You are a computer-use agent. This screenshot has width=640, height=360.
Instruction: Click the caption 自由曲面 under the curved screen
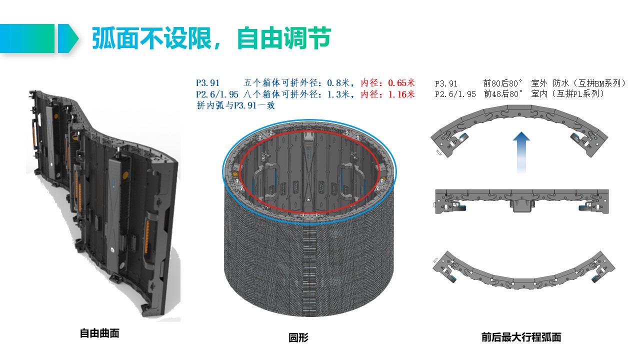pos(99,333)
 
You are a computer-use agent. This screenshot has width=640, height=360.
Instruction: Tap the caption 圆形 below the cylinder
pos(298,337)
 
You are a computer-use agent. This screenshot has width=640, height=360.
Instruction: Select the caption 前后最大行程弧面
pos(521,337)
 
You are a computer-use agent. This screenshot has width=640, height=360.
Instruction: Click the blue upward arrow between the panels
pos(521,152)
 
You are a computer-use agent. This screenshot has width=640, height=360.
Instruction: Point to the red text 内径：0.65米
pos(387,83)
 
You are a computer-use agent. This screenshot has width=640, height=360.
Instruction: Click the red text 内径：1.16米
pos(387,94)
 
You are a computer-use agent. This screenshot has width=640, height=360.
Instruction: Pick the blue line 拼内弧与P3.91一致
pos(235,105)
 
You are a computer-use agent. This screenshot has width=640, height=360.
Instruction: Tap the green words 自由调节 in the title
pos(284,38)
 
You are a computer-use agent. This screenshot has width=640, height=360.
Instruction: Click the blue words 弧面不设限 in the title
pos(151,38)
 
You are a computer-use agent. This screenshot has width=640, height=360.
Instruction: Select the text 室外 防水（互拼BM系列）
pos(578,83)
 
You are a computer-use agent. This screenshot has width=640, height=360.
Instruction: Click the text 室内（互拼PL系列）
pos(567,93)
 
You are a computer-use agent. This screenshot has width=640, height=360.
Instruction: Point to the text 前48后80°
pos(503,93)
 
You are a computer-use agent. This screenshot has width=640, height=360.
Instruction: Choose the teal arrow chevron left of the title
pos(68,38)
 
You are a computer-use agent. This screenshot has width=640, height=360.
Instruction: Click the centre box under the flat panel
pos(521,205)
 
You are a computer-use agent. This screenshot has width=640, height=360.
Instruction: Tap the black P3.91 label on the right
pos(446,83)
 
